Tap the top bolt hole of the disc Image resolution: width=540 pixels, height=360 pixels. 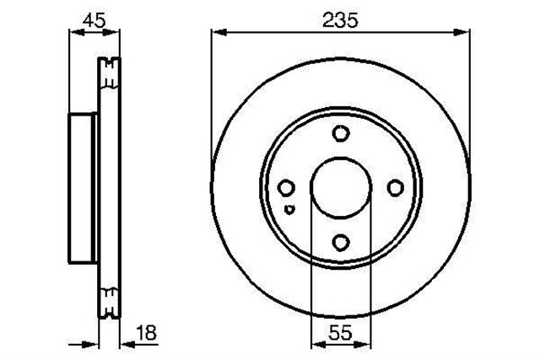tap(341, 133)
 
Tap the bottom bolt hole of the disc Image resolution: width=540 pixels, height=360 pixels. tap(341, 242)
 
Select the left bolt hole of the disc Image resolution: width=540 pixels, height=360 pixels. tap(286, 188)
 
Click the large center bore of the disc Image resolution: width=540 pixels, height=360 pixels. tap(341, 188)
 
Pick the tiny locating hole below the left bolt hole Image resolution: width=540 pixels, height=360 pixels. tap(289, 209)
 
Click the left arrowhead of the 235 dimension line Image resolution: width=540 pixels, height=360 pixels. tap(217, 33)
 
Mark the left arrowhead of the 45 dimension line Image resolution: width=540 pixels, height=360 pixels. tap(72, 33)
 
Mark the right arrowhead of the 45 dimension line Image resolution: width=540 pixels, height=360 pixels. tap(116, 33)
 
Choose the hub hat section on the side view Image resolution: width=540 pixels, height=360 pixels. tap(82, 187)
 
